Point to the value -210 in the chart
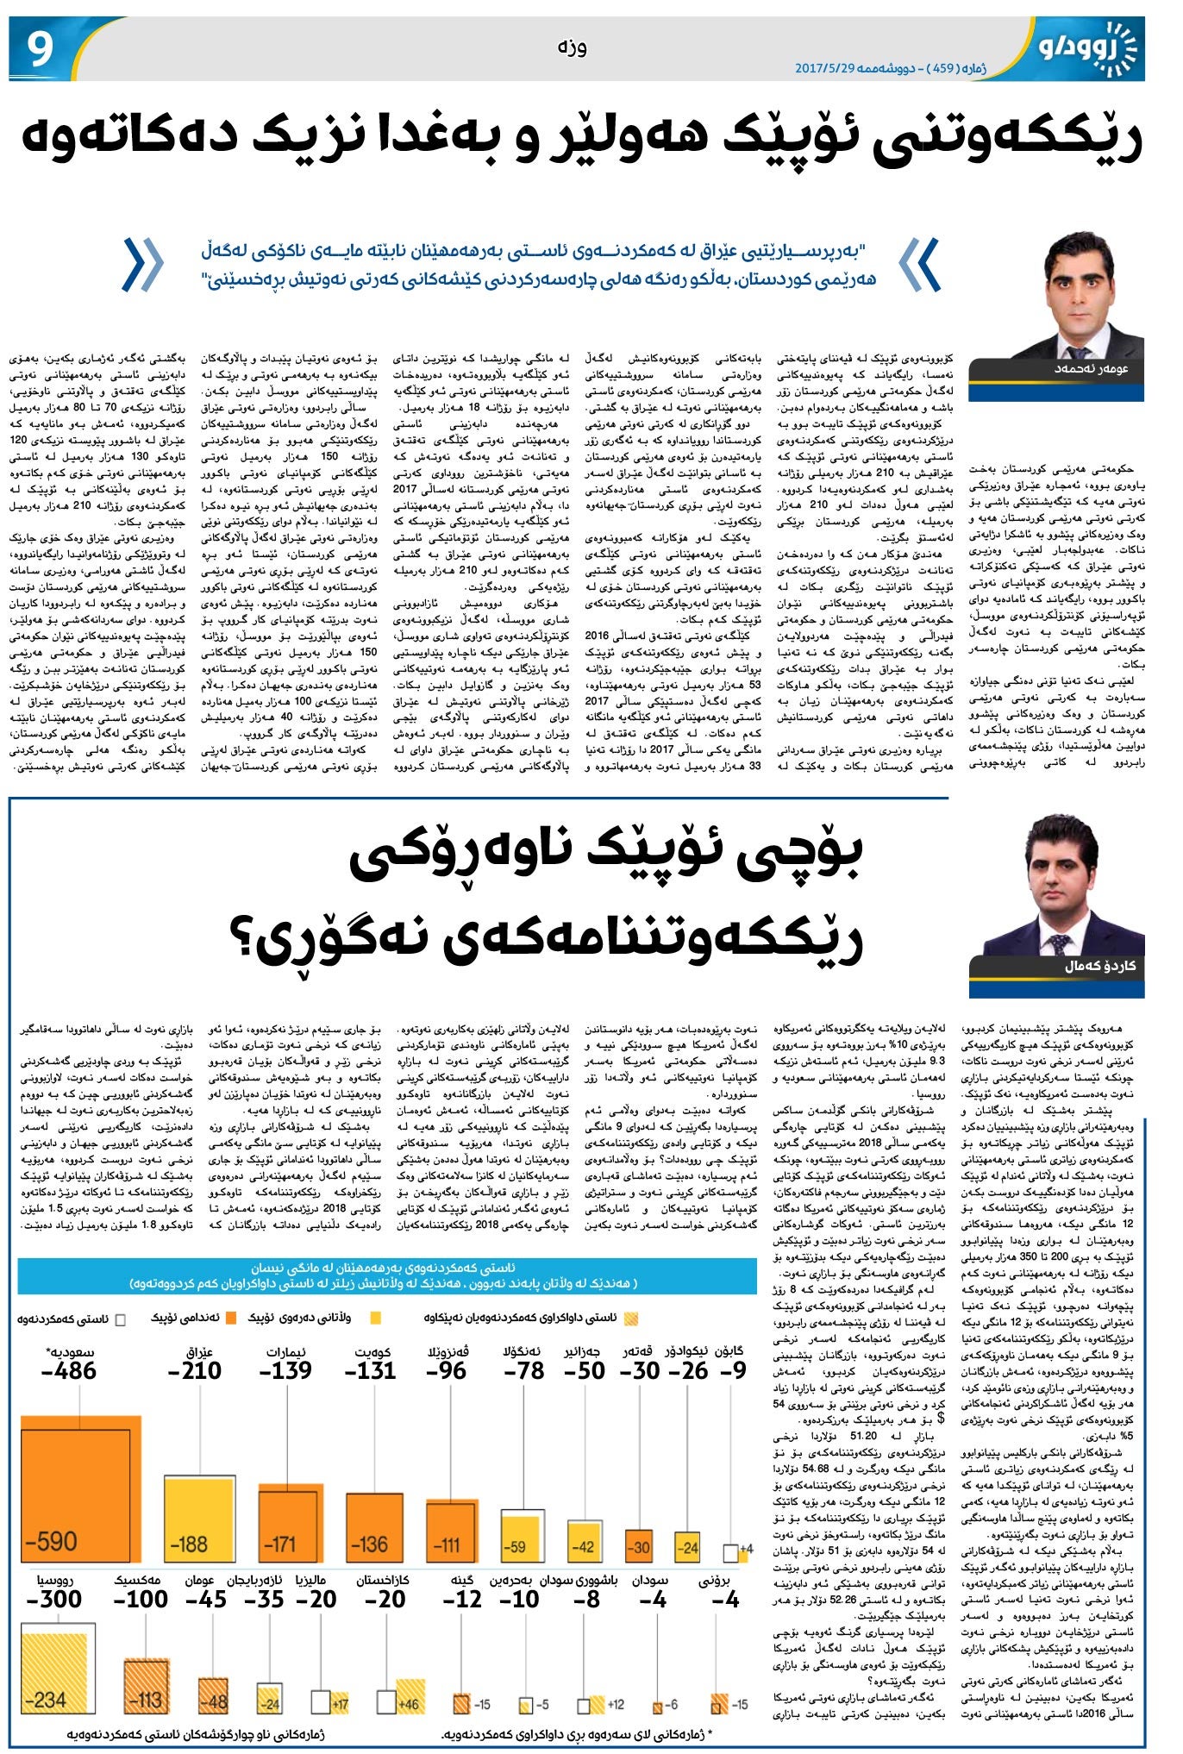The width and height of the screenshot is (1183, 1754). (x=195, y=1370)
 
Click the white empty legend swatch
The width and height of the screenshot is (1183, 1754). (x=120, y=1319)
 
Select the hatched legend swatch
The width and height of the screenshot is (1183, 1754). (x=631, y=1319)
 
